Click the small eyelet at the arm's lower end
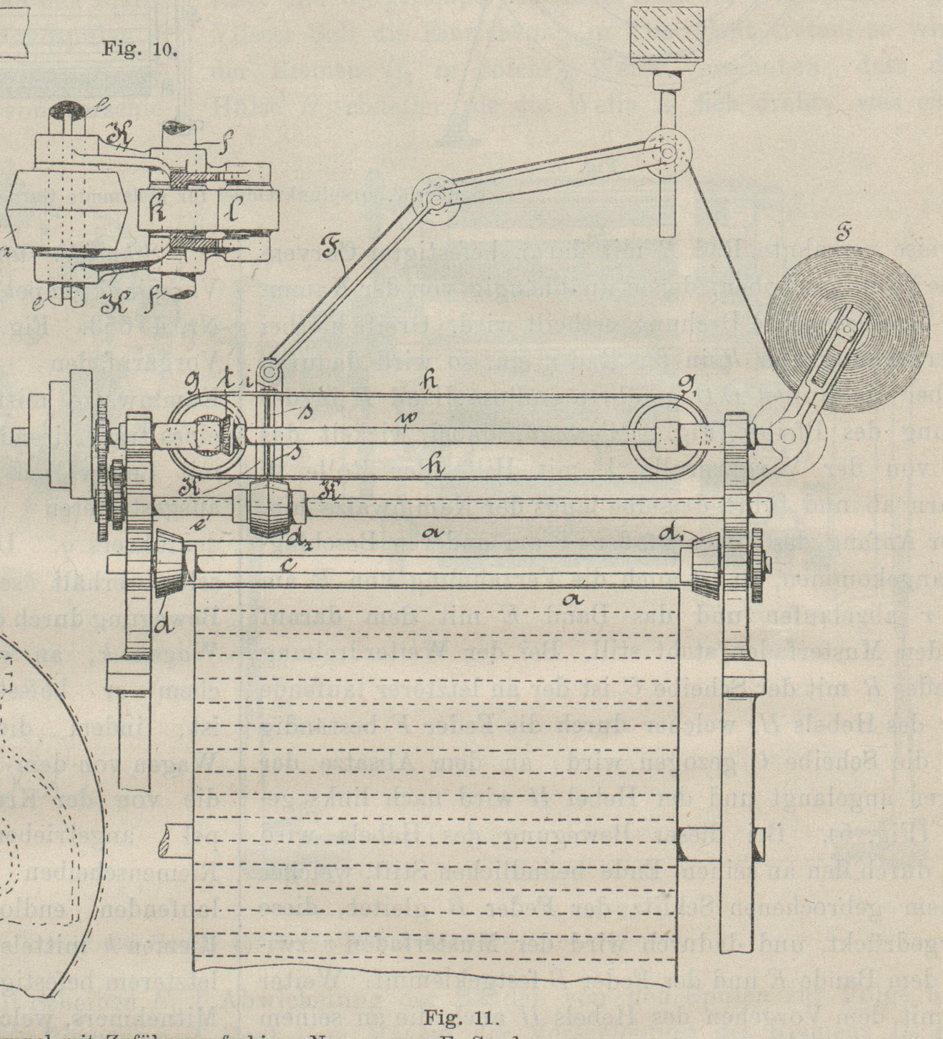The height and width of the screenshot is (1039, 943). click(268, 370)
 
